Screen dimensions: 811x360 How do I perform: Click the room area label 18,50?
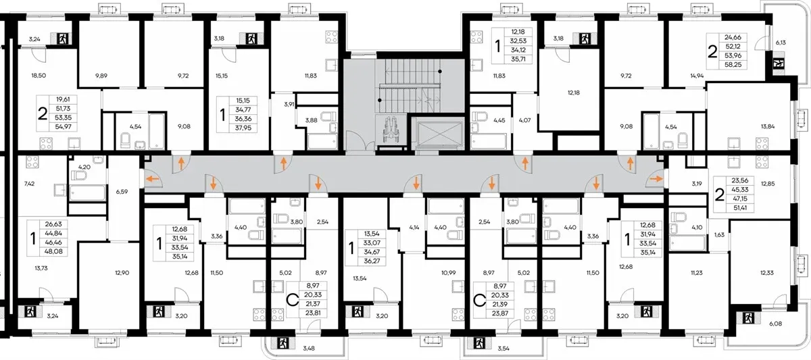39,76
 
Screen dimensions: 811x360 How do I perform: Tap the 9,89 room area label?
101,76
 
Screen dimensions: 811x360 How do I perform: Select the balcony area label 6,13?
781,43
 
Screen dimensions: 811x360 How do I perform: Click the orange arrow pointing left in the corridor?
152,178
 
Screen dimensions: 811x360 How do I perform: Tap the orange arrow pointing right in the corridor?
656,178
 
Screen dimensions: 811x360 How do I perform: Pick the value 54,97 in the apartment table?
63,126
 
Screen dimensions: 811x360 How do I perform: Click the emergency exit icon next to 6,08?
748,318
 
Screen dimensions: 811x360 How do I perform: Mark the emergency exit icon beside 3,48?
283,343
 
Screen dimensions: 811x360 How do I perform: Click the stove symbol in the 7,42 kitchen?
32,161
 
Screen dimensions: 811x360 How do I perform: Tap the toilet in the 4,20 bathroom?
78,176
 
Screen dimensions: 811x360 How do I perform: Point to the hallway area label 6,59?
122,191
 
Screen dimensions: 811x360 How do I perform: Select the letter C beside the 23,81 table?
292,300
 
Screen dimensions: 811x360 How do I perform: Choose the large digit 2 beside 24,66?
712,52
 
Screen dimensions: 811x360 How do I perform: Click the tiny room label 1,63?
719,234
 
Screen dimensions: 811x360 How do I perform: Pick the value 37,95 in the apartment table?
243,128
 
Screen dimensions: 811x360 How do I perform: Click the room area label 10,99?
448,273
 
